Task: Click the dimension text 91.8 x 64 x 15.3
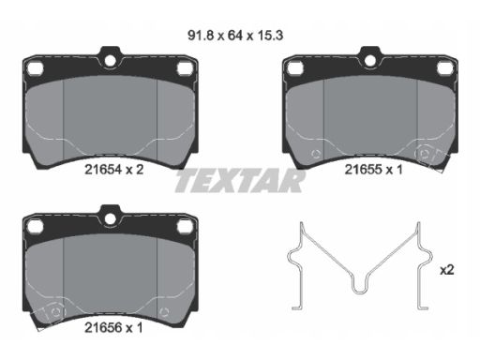click(235, 36)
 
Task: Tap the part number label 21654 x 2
click(114, 170)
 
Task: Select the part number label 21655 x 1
click(373, 170)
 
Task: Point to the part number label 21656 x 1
click(113, 328)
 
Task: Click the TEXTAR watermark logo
click(240, 181)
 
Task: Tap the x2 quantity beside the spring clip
click(447, 270)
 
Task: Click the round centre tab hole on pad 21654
click(110, 61)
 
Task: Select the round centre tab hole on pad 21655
click(370, 61)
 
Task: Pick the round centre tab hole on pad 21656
click(110, 218)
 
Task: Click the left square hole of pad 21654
click(35, 68)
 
